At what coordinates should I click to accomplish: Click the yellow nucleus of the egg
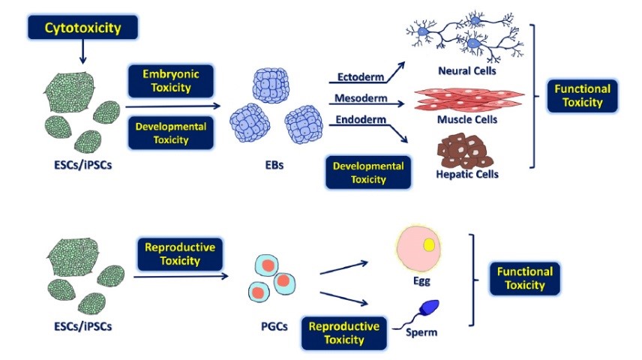click(x=430, y=244)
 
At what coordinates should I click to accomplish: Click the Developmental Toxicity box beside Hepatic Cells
click(x=368, y=172)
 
